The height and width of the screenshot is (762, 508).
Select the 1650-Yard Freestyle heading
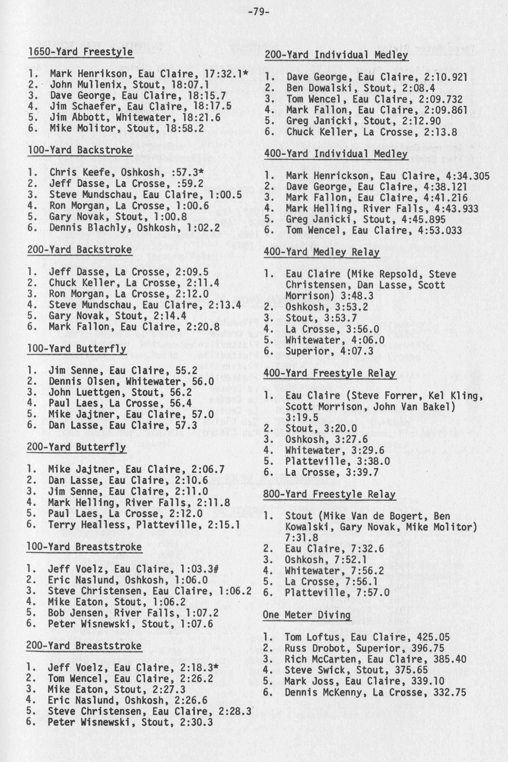[x=80, y=52]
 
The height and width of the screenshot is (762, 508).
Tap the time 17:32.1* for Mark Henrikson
[x=227, y=74]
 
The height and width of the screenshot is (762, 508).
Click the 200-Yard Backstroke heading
[x=80, y=249]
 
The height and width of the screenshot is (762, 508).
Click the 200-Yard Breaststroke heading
[x=84, y=645]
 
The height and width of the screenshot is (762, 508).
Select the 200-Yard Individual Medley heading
[x=336, y=55]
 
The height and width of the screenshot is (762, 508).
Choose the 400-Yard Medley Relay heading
[x=322, y=252]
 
